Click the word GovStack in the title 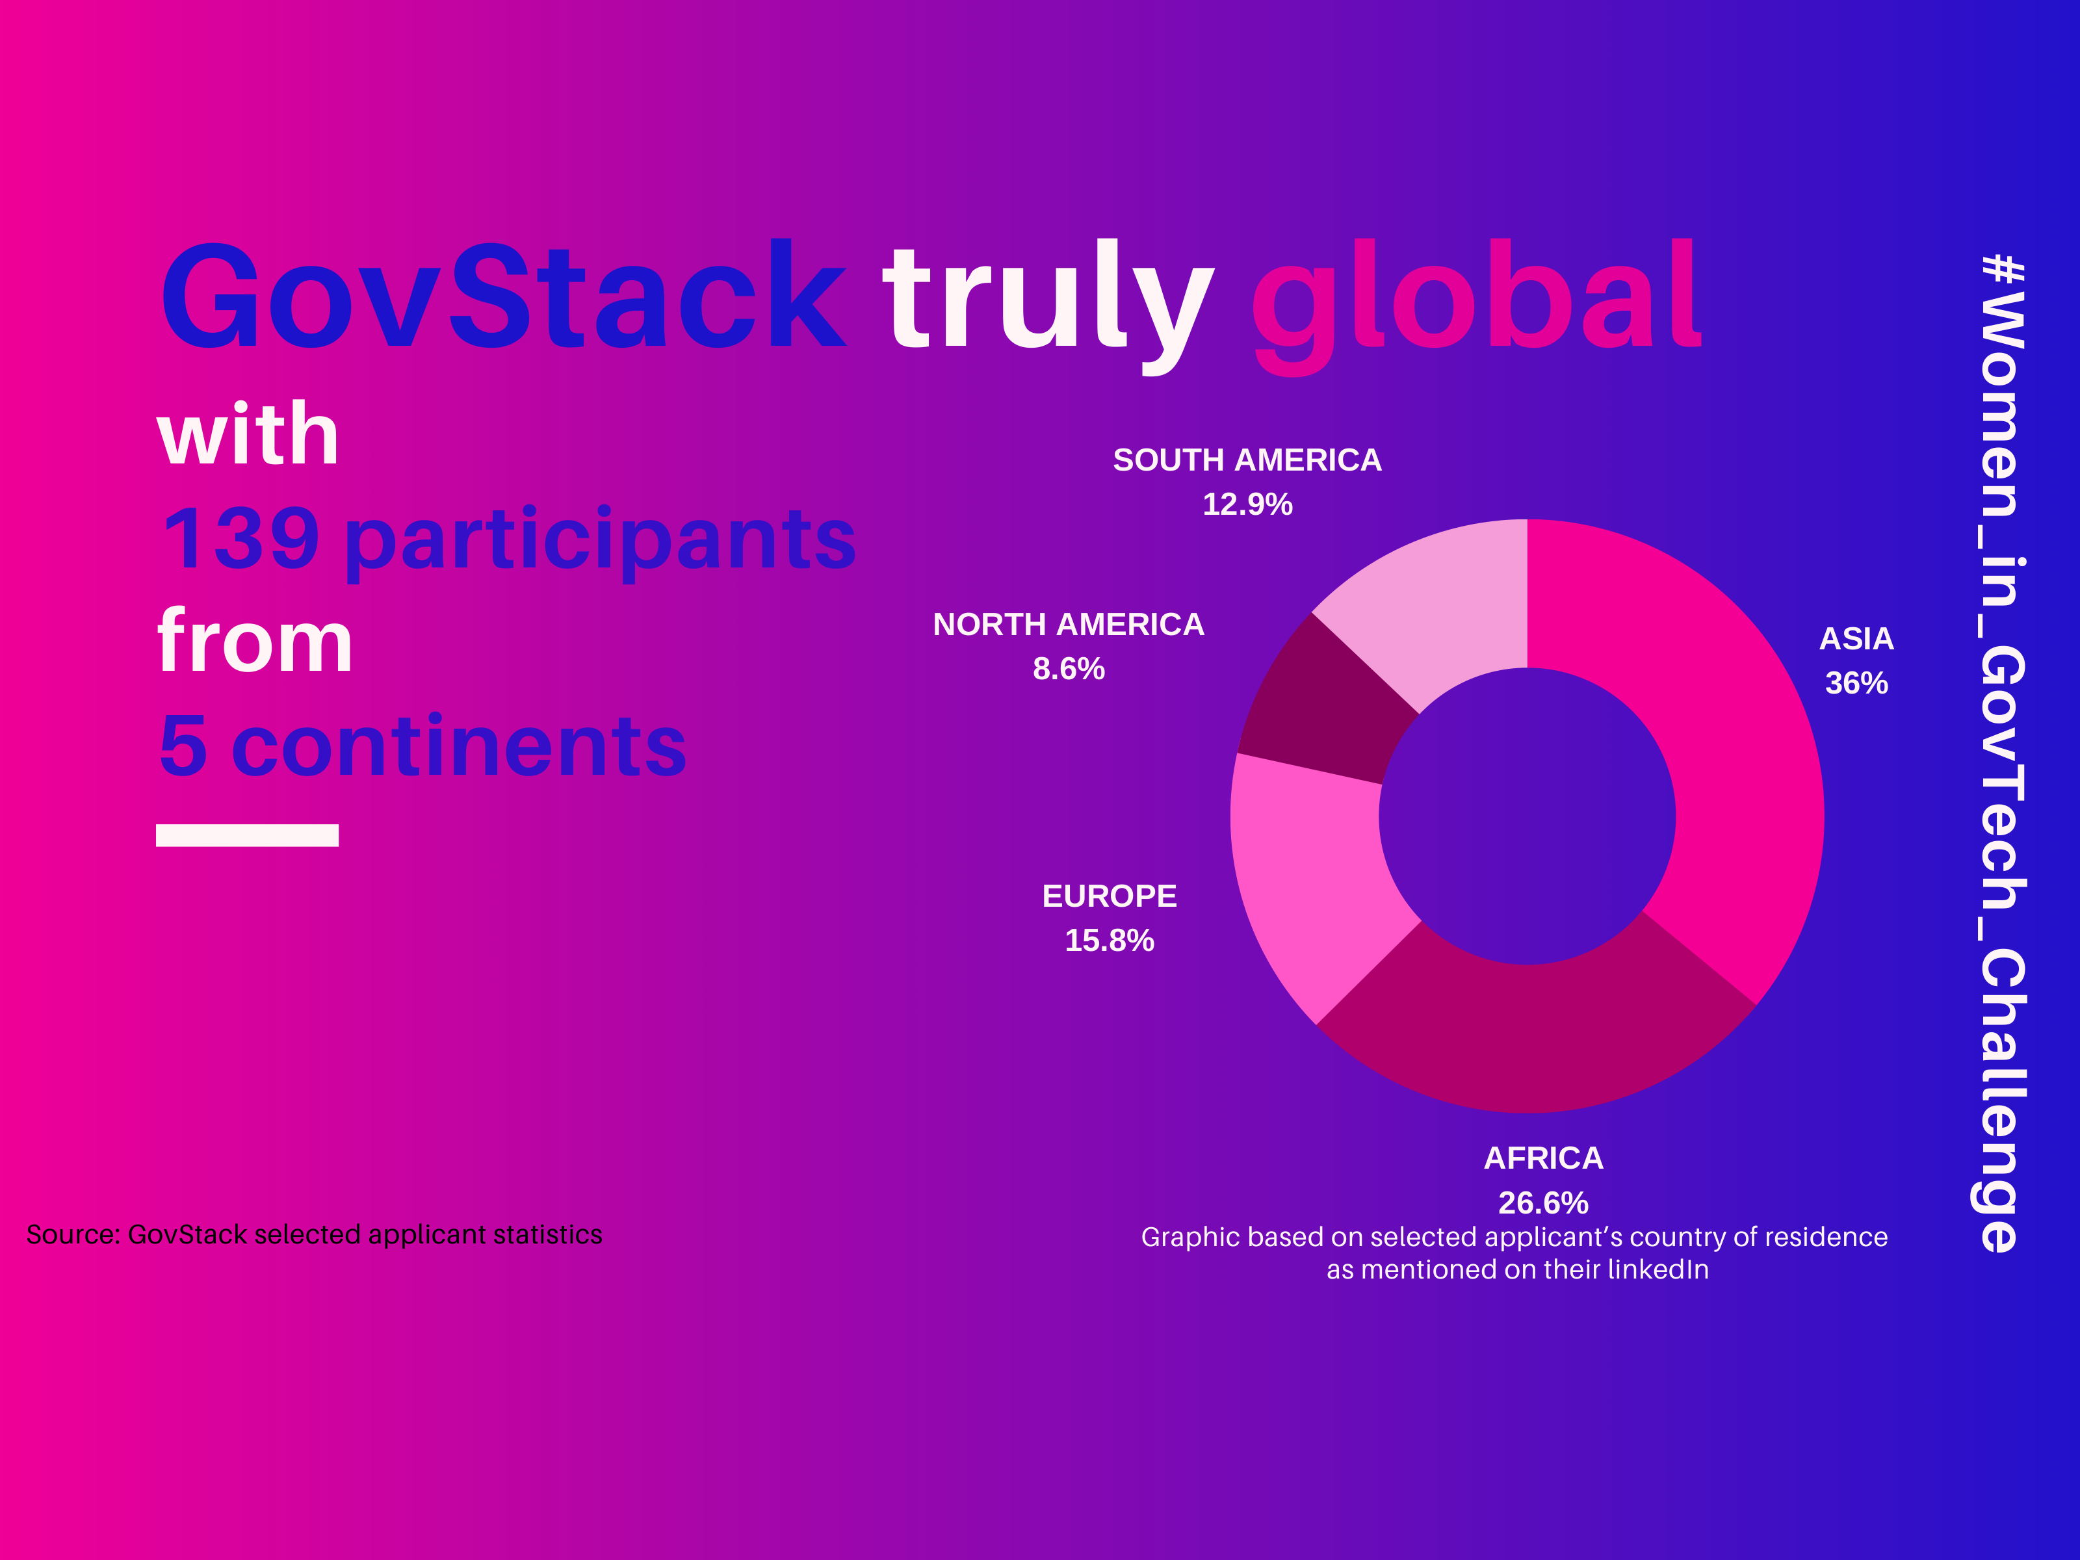click(503, 294)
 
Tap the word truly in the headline click(1048, 305)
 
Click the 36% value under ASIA click(1856, 682)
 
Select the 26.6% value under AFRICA click(1543, 1202)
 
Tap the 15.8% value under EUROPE click(1110, 941)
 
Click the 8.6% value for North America click(1068, 669)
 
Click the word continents click(459, 747)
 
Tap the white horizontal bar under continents click(247, 835)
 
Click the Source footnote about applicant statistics click(314, 1234)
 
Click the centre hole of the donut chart click(1527, 816)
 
